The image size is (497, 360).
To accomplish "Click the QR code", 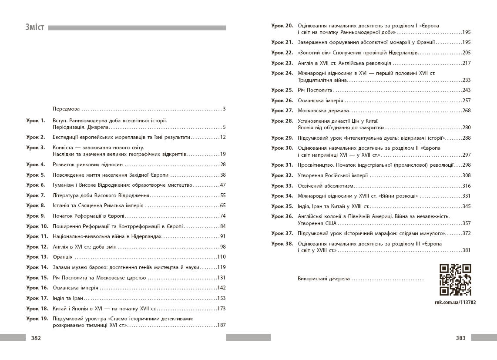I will click(x=455, y=280).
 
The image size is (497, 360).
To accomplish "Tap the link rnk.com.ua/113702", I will click(x=455, y=302).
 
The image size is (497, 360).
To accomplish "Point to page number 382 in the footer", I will click(x=36, y=338).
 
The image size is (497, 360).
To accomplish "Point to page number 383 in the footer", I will click(x=460, y=338).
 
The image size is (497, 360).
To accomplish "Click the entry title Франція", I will click(x=63, y=257).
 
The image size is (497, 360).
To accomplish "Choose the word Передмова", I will click(x=67, y=109).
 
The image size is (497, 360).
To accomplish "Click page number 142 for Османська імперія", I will click(x=221, y=288).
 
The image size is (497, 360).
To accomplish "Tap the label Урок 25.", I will click(x=282, y=90).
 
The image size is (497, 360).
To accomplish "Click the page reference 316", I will click(x=466, y=186).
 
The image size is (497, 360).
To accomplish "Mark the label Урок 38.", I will click(x=282, y=244).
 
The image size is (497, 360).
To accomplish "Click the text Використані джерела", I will click(x=324, y=279).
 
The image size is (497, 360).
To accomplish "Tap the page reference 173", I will click(x=221, y=309).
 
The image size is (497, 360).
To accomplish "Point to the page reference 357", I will click(x=466, y=223).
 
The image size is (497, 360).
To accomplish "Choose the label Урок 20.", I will click(x=282, y=26).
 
